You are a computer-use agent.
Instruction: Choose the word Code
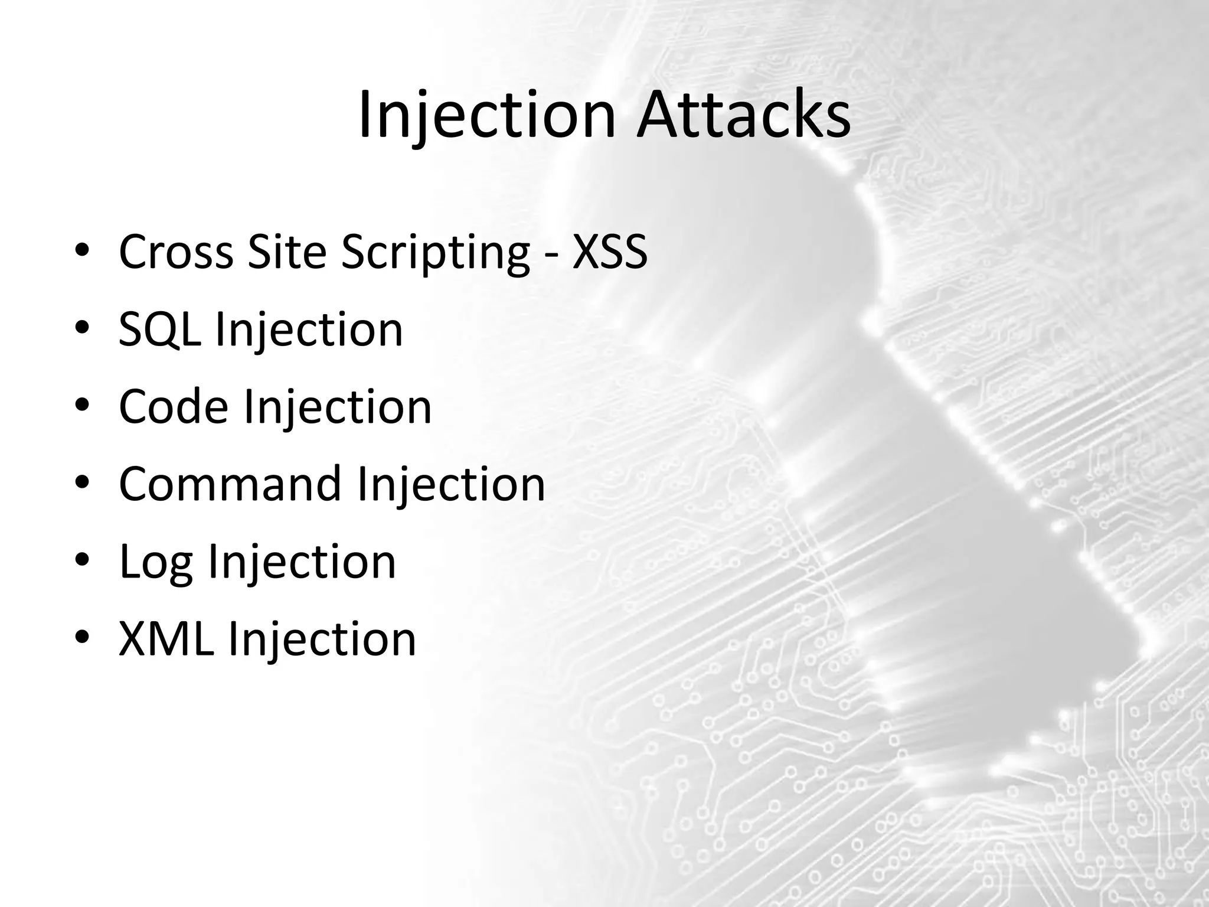point(174,406)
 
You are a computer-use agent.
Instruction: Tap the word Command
point(230,484)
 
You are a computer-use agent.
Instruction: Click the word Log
point(156,562)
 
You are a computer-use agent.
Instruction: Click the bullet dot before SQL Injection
point(83,327)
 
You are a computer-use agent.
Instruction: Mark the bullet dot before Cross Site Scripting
point(83,250)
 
